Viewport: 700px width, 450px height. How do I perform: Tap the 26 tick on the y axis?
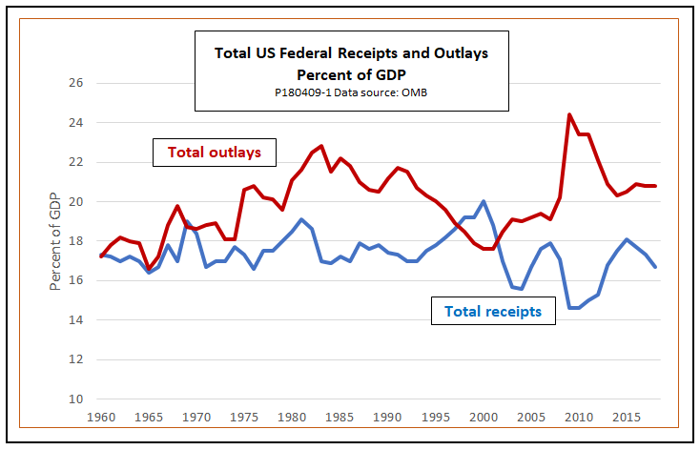pos(77,83)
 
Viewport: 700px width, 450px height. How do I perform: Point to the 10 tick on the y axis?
pos(77,399)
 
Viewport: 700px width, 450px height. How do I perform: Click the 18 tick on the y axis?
pos(77,241)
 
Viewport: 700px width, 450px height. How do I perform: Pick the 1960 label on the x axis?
pos(102,418)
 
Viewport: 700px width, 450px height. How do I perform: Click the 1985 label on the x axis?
pos(340,418)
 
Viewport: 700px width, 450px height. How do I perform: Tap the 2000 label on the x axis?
pos(483,418)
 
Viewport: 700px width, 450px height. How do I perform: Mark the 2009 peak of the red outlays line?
pos(569,114)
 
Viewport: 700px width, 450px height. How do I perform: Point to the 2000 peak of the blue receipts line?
pos(484,201)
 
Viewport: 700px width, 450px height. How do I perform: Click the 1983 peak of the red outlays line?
pos(321,146)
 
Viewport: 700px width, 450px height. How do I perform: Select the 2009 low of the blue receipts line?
pos(570,308)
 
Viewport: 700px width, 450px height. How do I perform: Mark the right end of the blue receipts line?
pos(655,267)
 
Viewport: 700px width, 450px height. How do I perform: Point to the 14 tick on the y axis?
pos(77,320)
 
